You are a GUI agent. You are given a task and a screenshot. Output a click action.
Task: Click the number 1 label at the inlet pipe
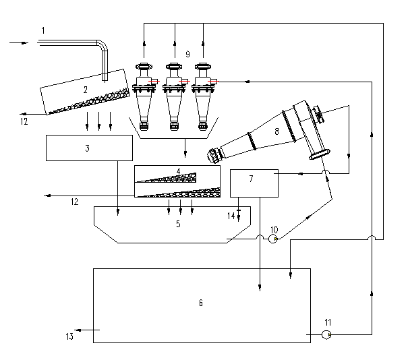(x=43, y=30)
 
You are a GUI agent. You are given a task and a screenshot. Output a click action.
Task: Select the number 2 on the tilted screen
(x=86, y=89)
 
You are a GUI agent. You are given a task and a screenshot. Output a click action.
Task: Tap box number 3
(x=88, y=148)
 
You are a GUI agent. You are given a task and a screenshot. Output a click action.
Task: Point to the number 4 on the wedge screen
(x=178, y=171)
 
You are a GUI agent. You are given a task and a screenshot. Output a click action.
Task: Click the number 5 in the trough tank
(x=178, y=223)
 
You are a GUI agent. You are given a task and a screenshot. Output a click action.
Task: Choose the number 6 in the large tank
(x=200, y=303)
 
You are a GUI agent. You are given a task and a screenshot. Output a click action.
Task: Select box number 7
(x=251, y=179)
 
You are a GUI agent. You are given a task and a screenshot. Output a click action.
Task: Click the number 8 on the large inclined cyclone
(x=276, y=132)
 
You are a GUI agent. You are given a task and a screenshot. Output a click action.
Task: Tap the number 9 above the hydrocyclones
(x=187, y=53)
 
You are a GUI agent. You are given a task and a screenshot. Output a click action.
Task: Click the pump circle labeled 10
(x=274, y=239)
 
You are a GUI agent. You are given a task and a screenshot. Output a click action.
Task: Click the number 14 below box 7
(x=231, y=216)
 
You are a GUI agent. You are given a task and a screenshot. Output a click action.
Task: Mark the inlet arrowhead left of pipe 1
(x=25, y=42)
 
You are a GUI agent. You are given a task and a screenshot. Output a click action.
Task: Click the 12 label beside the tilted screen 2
(x=24, y=122)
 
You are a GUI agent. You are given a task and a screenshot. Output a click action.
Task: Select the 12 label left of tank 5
(x=74, y=201)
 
